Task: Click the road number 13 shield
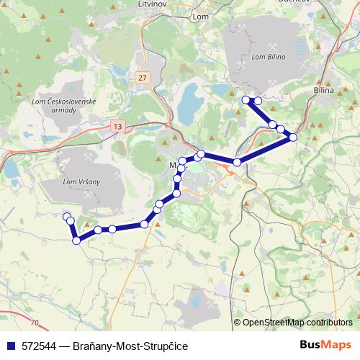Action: click(117, 127)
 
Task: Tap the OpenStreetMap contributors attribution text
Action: click(297, 323)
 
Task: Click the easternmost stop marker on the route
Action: click(293, 137)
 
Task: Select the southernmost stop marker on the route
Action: click(76, 240)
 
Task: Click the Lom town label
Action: click(201, 14)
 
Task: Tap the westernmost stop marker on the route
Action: click(67, 217)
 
